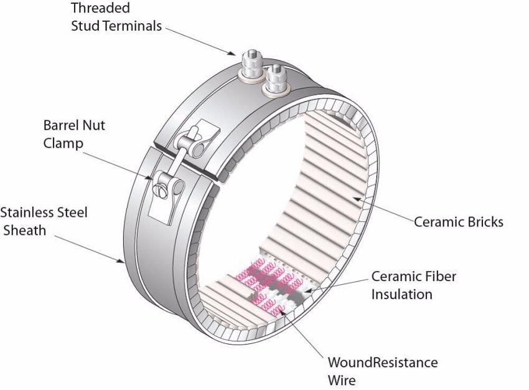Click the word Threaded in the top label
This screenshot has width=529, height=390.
coord(100,8)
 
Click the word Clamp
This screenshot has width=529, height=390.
coord(63,143)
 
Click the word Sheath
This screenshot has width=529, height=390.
coord(25,231)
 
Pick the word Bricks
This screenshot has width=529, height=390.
coord(485,222)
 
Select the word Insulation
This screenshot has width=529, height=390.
coord(402,295)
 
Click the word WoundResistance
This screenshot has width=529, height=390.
coord(383,363)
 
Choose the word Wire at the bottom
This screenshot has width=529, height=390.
coord(342,381)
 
